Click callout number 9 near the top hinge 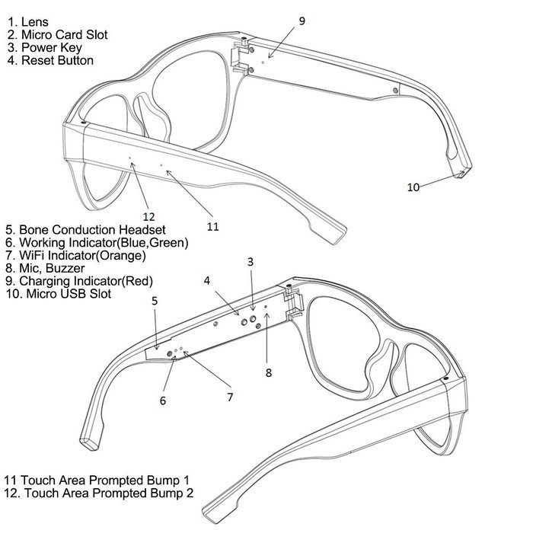(x=302, y=21)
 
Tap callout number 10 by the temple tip (x=413, y=187)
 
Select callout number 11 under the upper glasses (x=212, y=226)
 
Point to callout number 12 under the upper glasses (x=149, y=216)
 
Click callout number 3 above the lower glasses (x=251, y=262)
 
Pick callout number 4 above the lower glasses (x=206, y=281)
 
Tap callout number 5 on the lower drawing (x=155, y=301)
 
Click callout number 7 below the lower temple (x=230, y=397)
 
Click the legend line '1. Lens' (x=28, y=22)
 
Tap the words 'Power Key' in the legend (x=52, y=48)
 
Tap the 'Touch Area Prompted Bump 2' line (x=98, y=493)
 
